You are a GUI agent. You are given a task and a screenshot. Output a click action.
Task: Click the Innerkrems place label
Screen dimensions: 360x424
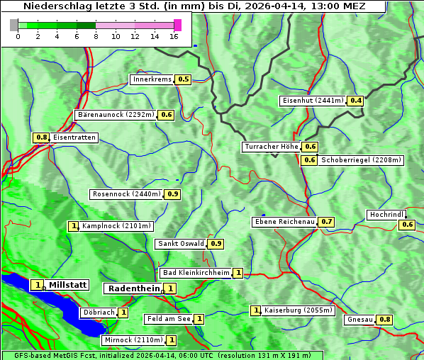pos(152,79)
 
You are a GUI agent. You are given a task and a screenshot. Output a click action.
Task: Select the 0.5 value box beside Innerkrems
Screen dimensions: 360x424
pos(184,79)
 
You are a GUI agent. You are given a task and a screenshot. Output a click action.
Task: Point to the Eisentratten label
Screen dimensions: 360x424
pos(74,137)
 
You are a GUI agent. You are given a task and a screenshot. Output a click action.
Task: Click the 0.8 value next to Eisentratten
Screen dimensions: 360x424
pos(41,137)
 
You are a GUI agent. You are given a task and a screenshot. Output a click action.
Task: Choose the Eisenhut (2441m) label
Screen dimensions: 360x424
pos(313,101)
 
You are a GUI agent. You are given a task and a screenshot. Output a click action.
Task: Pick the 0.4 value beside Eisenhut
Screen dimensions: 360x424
pos(356,101)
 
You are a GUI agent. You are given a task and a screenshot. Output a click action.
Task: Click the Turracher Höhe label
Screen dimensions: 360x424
pos(271,147)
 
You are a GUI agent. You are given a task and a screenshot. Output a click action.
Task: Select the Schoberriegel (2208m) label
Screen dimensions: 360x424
pos(361,160)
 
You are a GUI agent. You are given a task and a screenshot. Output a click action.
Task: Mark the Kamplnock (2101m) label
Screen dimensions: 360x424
pos(116,226)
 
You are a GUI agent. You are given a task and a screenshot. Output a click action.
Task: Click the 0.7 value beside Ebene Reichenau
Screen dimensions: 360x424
pos(326,222)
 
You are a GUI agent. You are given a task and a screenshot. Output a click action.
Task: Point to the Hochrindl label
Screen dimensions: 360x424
pos(386,214)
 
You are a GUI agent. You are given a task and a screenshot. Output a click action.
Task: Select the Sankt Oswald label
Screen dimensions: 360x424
pos(180,244)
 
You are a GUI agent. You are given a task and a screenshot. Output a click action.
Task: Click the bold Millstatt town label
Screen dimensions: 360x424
pos(68,285)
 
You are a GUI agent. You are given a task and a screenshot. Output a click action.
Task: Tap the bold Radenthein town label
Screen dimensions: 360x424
pos(133,288)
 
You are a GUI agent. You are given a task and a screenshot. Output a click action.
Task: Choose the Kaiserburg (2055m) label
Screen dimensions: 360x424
pos(298,310)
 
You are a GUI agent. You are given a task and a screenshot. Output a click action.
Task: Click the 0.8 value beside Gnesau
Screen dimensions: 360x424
pos(384,320)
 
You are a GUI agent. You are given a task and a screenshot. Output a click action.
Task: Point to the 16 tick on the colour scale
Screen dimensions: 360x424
pos(174,36)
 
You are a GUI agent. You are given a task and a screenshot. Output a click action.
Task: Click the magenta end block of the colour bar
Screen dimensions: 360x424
pos(177,25)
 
